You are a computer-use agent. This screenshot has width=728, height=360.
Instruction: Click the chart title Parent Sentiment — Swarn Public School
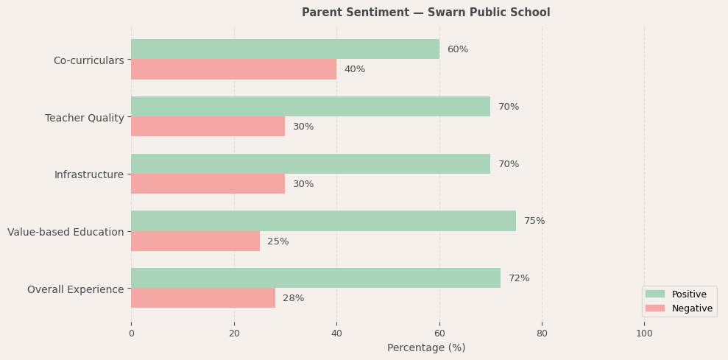click(425, 13)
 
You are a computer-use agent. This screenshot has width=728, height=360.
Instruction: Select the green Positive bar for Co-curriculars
click(285, 49)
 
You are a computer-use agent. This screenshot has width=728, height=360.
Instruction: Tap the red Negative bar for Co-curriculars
click(233, 69)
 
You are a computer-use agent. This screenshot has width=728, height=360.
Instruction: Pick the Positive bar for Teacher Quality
click(310, 107)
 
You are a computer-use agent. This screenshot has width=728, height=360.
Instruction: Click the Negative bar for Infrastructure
click(208, 184)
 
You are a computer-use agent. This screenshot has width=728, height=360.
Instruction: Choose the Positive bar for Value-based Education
click(323, 221)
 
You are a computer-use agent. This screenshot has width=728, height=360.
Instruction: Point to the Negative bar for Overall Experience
click(202, 298)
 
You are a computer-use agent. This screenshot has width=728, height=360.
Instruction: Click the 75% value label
click(534, 221)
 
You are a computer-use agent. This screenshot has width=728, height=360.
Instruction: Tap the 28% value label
click(293, 298)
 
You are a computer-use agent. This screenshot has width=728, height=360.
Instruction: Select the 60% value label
click(457, 49)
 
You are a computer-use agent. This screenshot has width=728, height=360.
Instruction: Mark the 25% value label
click(278, 241)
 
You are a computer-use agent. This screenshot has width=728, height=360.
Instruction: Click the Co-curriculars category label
click(88, 60)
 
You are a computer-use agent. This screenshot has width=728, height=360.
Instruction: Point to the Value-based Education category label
click(66, 232)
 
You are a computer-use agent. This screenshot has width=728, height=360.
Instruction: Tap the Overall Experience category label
click(75, 289)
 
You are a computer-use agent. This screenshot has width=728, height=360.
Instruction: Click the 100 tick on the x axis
click(644, 333)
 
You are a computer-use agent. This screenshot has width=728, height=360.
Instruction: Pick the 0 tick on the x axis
click(131, 333)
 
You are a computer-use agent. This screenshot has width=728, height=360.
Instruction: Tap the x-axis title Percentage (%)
click(425, 347)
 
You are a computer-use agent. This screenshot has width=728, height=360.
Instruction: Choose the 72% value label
click(519, 278)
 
